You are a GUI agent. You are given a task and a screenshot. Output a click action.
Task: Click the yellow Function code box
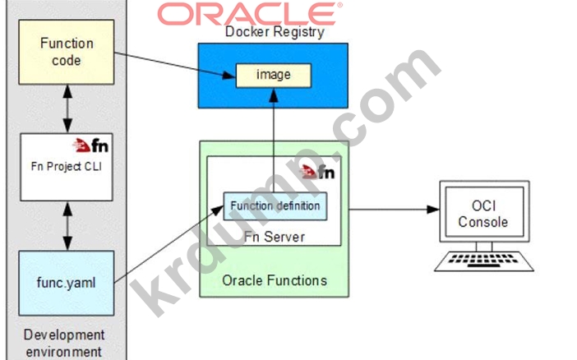point(67,52)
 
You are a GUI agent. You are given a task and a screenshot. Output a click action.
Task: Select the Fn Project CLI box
point(67,167)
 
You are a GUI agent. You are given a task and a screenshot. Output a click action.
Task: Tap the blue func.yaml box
point(67,283)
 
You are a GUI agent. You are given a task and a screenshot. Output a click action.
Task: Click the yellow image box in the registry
point(274,76)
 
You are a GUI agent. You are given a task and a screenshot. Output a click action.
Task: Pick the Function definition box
point(275,206)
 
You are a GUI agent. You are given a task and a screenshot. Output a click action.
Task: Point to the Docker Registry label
point(275,32)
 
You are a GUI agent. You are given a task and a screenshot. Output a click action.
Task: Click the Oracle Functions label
point(275,280)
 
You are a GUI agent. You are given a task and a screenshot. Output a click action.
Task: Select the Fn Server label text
point(275,237)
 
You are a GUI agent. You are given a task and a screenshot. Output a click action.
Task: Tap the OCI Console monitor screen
point(484,212)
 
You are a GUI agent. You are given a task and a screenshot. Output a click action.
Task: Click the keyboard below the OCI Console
point(484,261)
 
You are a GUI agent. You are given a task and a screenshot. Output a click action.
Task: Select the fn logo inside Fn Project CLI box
point(90,145)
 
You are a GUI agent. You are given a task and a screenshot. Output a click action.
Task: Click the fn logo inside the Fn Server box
point(316,172)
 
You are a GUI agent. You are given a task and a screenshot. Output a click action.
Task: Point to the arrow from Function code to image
point(175,65)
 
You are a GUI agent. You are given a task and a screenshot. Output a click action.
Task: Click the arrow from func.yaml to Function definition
point(168,244)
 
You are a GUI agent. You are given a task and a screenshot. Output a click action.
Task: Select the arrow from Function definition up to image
point(274,141)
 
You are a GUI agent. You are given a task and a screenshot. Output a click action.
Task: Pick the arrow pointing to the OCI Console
point(394,210)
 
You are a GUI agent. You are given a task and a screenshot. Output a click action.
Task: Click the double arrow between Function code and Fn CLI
point(67,109)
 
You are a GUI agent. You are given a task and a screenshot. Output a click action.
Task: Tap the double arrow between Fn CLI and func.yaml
point(67,226)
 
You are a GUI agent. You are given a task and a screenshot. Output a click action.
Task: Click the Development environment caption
point(64,343)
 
